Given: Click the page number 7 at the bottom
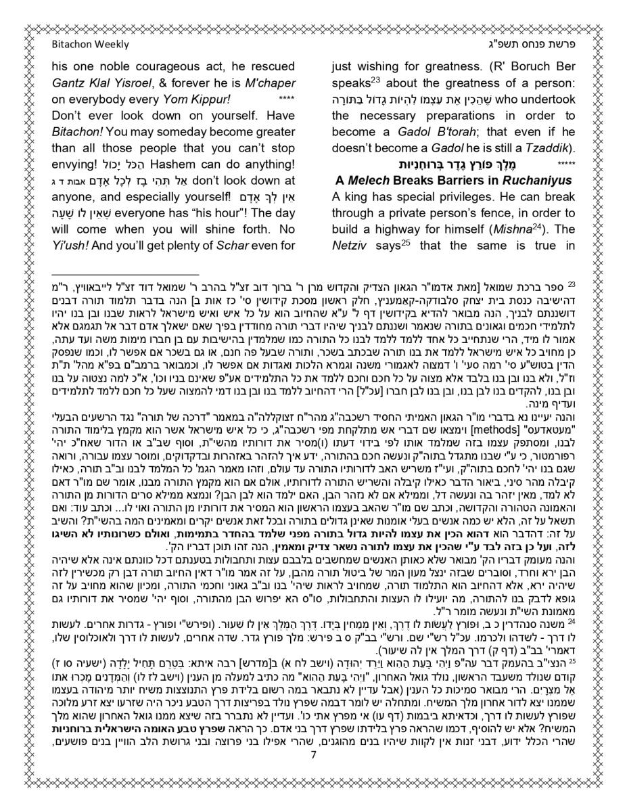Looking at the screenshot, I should tap(313, 774).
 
